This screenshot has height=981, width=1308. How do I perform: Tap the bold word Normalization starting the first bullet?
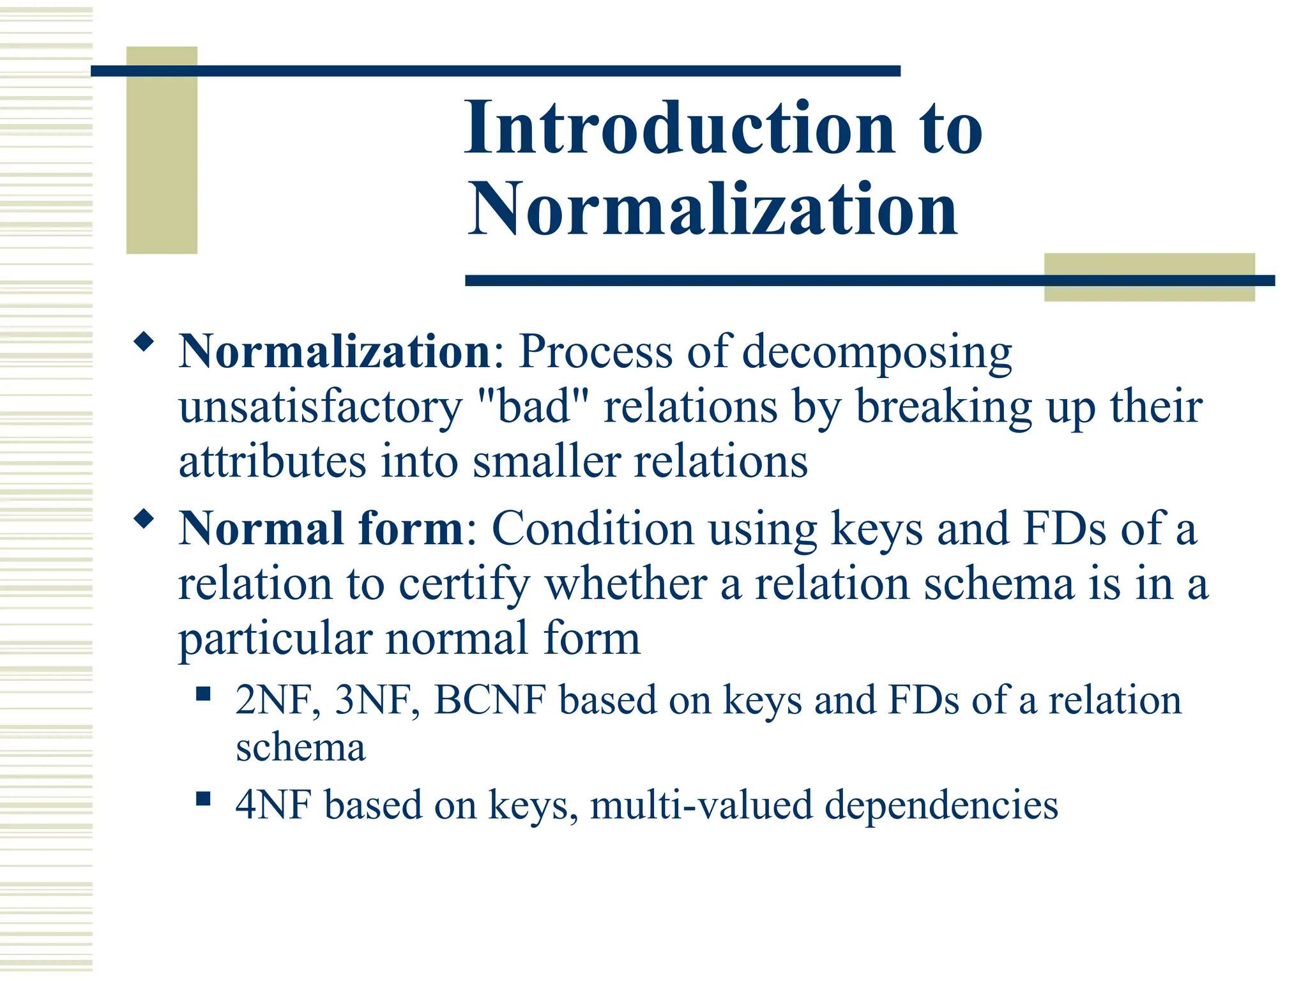pos(334,352)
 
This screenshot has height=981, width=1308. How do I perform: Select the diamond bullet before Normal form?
pos(144,519)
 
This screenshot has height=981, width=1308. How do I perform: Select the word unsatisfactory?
pos(320,408)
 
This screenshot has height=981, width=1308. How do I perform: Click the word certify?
pos(464,585)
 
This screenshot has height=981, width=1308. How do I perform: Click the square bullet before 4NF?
pos(203,798)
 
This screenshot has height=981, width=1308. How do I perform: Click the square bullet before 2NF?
pos(203,694)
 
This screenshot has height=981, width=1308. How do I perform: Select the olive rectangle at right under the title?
pos(1148,277)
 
